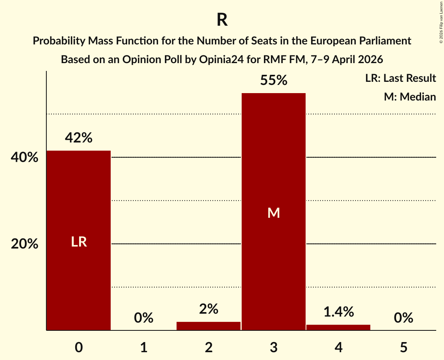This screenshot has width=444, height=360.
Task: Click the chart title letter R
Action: pos(222,20)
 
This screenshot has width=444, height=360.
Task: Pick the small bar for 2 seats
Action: pos(209,326)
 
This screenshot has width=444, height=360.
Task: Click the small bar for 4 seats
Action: pos(338,327)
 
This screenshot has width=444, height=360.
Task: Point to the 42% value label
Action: pos(79,138)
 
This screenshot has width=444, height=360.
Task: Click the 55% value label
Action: pos(274,80)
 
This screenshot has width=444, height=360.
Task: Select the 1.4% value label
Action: pos(338,312)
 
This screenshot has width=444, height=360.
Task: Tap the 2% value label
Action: pos(209,309)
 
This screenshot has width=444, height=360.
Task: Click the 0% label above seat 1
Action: pos(143,318)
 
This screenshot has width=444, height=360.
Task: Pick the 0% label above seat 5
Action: pos(403,318)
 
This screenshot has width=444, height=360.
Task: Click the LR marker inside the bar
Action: pos(79,242)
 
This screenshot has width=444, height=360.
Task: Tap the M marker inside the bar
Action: pos(274,213)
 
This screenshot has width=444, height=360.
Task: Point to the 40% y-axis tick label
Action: pos(25,158)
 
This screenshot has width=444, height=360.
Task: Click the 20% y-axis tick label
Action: pos(25,244)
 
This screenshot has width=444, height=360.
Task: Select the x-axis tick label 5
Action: pos(403,347)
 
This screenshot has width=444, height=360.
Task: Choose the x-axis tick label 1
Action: pos(143,347)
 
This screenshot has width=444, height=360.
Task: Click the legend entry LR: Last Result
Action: pos(400,78)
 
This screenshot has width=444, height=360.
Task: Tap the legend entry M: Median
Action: pos(410,97)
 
